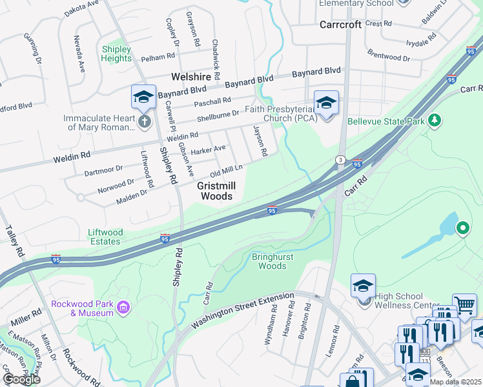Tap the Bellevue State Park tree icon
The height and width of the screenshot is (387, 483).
pos(435,120)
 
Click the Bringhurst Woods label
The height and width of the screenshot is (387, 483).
pos(269,261)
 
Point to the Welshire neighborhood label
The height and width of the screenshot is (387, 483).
pos(192,77)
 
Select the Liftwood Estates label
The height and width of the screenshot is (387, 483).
pos(105,236)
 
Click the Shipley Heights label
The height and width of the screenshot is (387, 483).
pos(116,54)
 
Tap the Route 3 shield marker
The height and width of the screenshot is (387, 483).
pos(340,159)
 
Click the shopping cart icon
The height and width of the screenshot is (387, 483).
pos(464,304)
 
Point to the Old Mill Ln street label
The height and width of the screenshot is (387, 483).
pos(225,172)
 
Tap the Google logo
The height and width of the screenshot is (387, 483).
pos(21,379)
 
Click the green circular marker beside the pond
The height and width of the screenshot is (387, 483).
pos(462,228)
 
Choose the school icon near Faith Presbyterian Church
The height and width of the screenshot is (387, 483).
pos(326,102)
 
